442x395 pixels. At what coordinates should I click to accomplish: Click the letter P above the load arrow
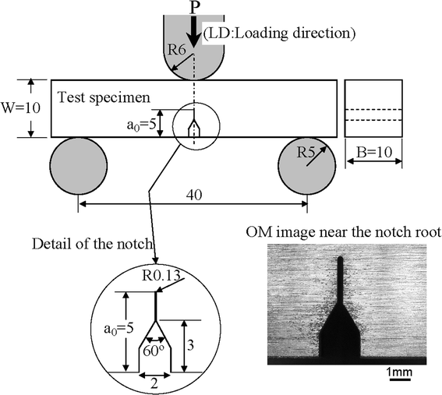coord(193,7)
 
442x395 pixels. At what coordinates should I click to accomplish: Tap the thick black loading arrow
coord(193,30)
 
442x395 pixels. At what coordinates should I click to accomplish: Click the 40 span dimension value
coord(193,196)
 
